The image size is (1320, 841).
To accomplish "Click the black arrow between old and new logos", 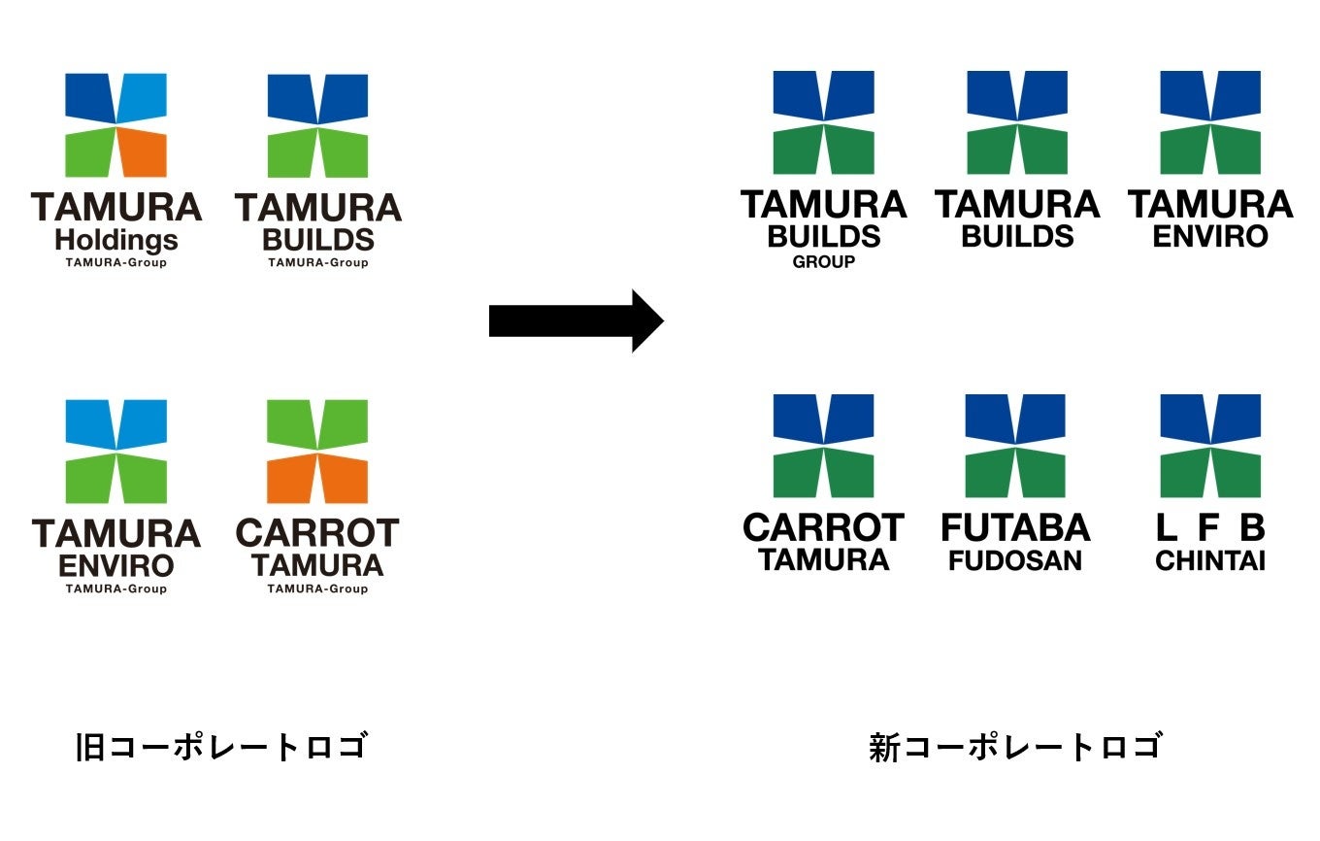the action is click(x=575, y=320).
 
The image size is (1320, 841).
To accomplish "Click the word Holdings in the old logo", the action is click(x=116, y=240).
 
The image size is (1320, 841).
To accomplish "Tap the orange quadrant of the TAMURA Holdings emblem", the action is click(x=144, y=152).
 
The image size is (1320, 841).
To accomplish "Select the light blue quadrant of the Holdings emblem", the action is click(x=144, y=97).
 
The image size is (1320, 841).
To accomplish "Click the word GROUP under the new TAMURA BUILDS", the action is click(x=824, y=261).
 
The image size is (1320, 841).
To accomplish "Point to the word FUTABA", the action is click(x=1015, y=528).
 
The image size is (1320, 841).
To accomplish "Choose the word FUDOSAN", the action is click(x=1015, y=560).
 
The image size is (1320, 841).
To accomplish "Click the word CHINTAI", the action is click(x=1210, y=560).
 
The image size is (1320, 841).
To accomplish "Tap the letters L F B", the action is click(x=1210, y=528).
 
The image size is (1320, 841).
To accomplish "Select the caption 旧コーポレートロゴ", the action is click(x=222, y=748).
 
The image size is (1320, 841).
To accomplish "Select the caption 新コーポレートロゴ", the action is click(x=1015, y=748).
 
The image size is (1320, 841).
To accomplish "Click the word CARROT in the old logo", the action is click(x=317, y=533).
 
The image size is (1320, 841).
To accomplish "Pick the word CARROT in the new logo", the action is click(x=823, y=528).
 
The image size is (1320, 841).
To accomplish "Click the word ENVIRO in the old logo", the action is click(x=116, y=565).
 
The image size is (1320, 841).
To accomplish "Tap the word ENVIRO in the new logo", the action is click(x=1210, y=236).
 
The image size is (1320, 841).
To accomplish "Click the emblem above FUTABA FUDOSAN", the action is click(x=1015, y=446).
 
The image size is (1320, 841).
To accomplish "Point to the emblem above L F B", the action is click(x=1210, y=446).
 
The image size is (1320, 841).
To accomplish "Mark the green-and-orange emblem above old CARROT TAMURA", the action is click(x=317, y=451).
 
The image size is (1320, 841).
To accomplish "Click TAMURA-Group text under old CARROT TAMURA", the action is click(x=317, y=589).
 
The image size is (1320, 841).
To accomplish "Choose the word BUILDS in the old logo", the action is click(x=318, y=240).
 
